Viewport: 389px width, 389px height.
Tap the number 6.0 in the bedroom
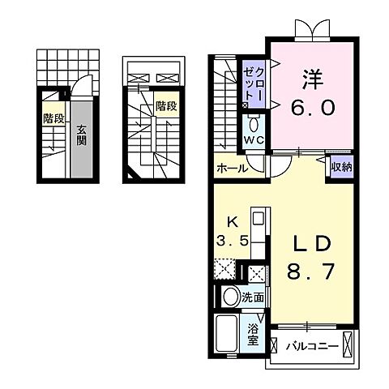[312, 108]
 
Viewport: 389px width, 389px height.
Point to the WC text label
[254, 139]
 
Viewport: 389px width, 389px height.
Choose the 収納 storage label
[340, 168]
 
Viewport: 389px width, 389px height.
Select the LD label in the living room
[311, 244]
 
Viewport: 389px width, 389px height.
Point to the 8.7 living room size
[311, 273]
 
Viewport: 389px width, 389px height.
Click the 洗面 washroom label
[252, 298]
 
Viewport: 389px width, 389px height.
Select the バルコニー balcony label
[311, 346]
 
